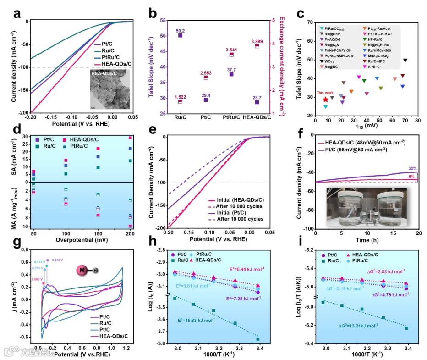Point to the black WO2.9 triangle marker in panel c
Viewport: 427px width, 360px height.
tap(405, 60)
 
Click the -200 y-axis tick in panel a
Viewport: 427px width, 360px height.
tap(22, 112)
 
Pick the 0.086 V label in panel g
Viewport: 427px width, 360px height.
tap(38, 279)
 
